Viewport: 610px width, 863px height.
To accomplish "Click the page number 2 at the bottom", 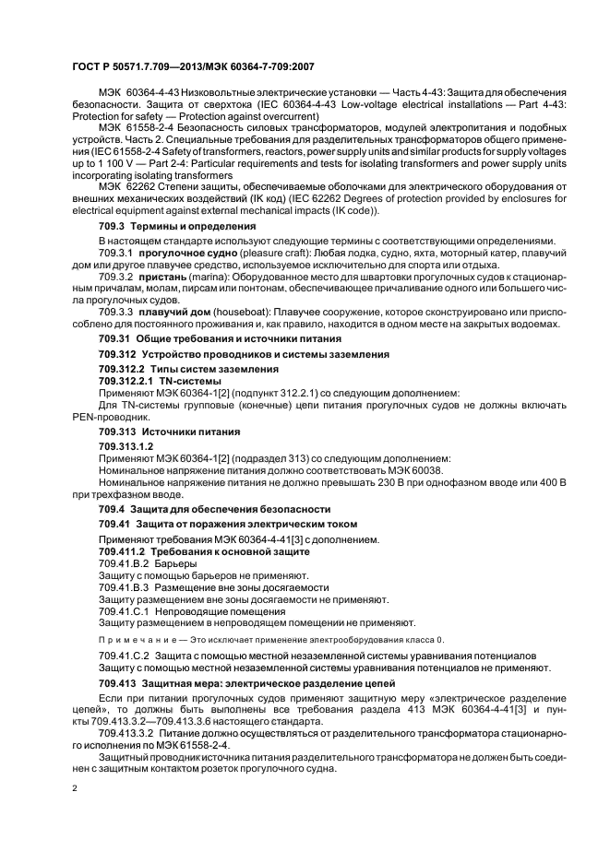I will point(74,790).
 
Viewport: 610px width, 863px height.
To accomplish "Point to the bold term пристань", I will point(164,276).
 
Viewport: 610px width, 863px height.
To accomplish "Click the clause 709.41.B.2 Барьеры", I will point(147,563).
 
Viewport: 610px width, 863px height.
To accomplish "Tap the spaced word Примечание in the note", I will point(133,639).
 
